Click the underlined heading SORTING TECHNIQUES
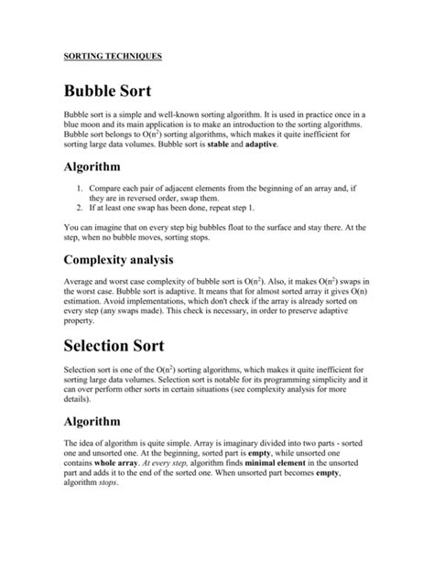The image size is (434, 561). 113,56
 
